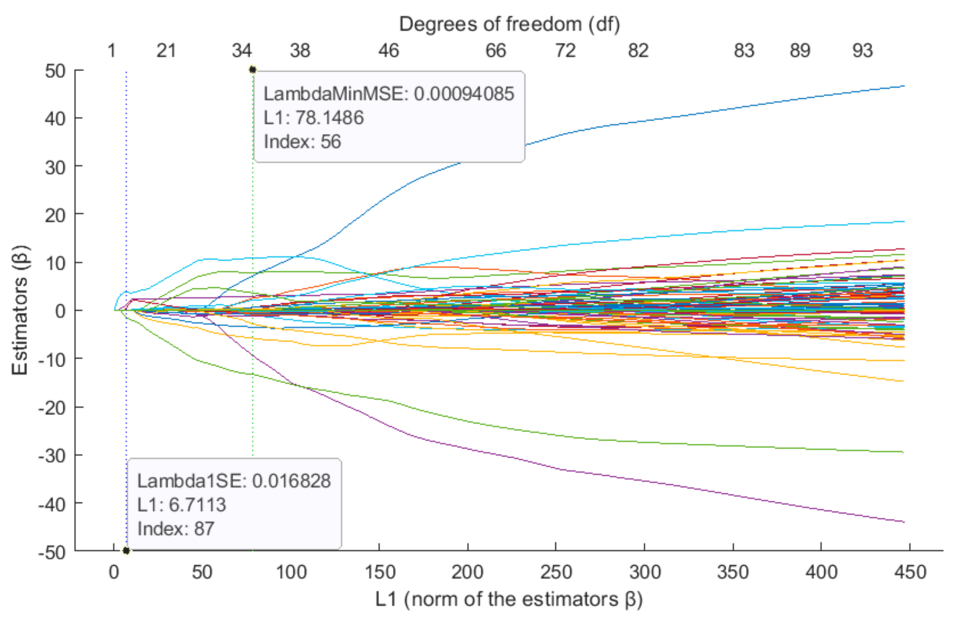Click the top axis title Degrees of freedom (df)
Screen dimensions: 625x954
(x=509, y=25)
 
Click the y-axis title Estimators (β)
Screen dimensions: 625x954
(x=20, y=310)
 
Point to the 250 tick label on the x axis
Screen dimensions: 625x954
(x=556, y=573)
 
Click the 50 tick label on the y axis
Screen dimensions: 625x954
(x=55, y=71)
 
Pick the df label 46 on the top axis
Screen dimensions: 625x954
(x=388, y=51)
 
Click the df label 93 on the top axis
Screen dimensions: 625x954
(x=862, y=51)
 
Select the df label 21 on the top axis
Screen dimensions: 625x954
(x=166, y=51)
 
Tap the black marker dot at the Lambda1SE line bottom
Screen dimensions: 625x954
(x=126, y=550)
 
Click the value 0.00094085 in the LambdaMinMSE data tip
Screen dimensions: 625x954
(x=464, y=94)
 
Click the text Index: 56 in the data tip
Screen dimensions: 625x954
(x=302, y=142)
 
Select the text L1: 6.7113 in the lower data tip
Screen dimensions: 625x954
(x=181, y=505)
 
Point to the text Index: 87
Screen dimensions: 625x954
(x=176, y=529)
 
